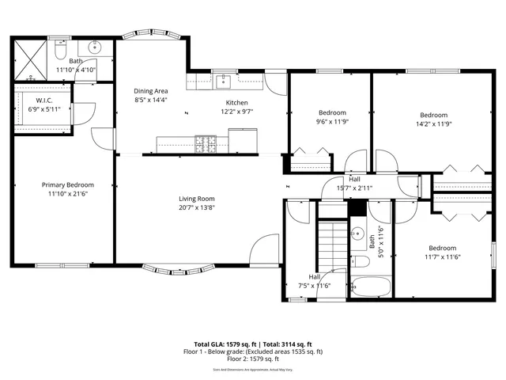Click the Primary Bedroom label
coord(67,184)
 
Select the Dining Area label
coord(149,91)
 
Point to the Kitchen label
coord(237,103)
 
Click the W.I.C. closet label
coord(43,100)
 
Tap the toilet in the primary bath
coord(61,50)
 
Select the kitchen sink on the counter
coord(225,79)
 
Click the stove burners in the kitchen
coord(206,144)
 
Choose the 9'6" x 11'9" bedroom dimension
coord(332,123)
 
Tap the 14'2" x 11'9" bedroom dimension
coord(433,123)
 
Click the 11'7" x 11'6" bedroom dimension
coord(444,256)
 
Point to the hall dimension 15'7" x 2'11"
coord(354,188)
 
